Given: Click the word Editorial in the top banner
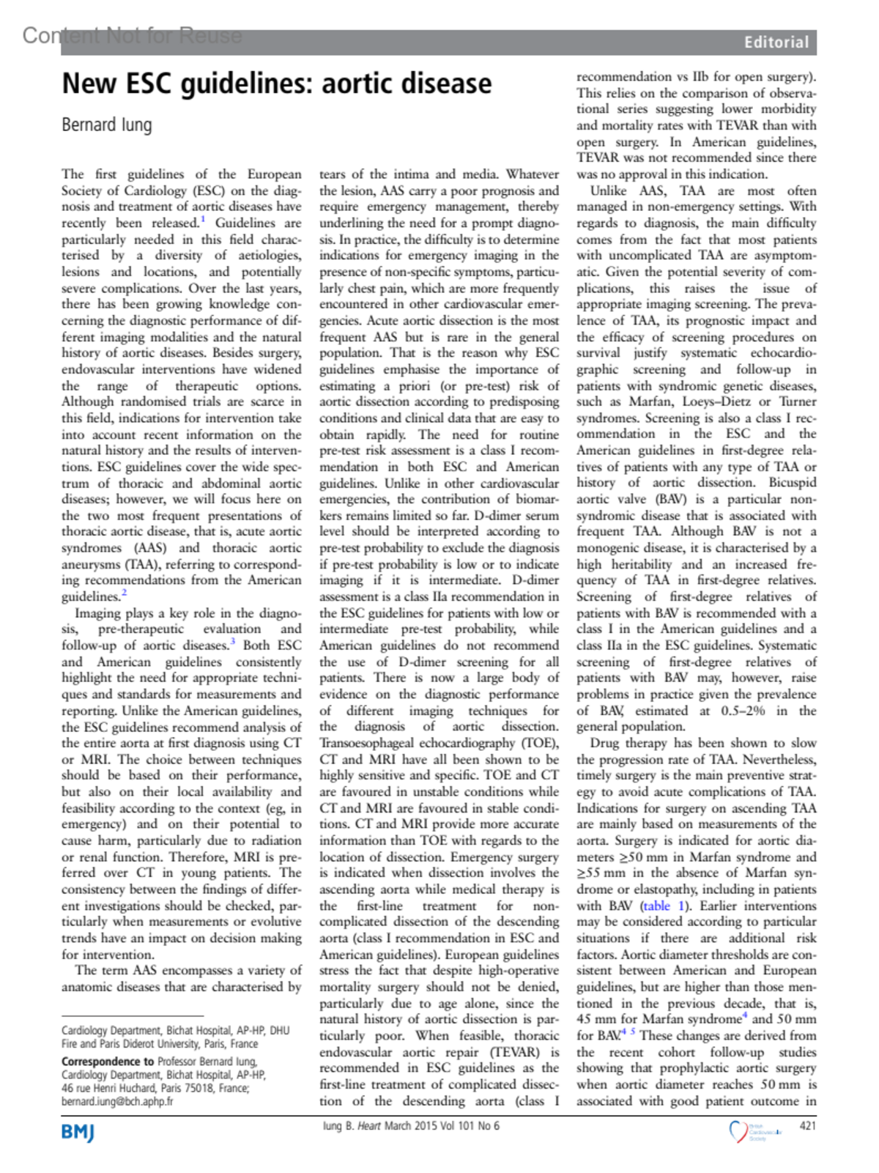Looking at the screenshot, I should (776, 42).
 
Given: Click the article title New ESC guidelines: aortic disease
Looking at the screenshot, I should (277, 84).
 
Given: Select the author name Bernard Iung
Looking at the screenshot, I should (107, 125).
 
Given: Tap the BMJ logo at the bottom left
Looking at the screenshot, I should (78, 1132).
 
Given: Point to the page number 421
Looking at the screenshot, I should (807, 1125).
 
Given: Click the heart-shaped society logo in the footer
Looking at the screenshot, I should (738, 1131).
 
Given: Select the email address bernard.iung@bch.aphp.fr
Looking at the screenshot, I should (117, 1101).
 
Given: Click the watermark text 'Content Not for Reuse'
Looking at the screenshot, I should (132, 35).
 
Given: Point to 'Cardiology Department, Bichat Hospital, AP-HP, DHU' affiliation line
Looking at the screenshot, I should (175, 1030).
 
